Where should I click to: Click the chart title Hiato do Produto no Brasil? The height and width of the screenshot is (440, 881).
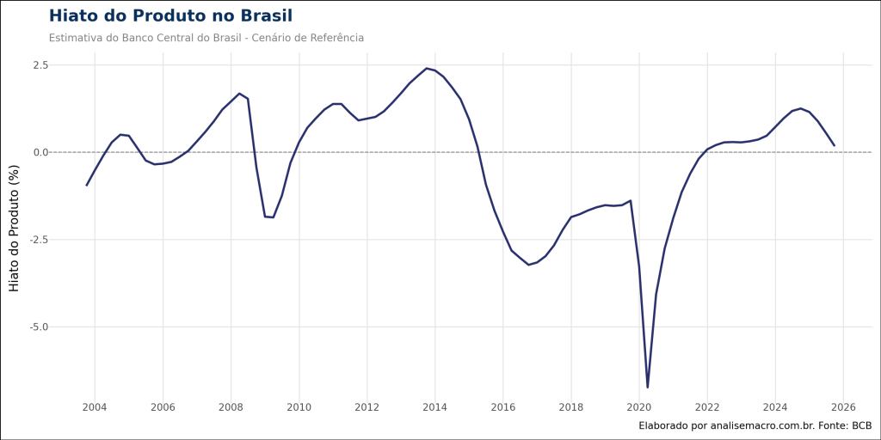(170, 16)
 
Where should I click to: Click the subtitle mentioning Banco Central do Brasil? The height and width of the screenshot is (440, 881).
(206, 38)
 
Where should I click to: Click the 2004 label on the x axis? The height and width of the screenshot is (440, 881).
(95, 406)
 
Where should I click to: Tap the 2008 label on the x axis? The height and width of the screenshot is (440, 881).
(231, 406)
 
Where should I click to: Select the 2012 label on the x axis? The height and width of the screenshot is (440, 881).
(367, 406)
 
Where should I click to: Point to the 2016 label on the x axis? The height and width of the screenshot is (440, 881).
(503, 406)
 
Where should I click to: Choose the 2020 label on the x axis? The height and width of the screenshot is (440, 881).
(639, 406)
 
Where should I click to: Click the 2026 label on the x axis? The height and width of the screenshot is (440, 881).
(843, 406)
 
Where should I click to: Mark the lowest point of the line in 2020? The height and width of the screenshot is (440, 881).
(648, 388)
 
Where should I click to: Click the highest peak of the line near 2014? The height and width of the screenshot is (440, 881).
(426, 68)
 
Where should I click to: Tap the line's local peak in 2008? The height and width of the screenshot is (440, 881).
(239, 93)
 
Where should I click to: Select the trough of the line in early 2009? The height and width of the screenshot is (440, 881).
(273, 217)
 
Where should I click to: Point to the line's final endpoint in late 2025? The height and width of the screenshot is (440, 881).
(835, 146)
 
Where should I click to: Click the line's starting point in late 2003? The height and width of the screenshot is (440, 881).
(86, 186)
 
